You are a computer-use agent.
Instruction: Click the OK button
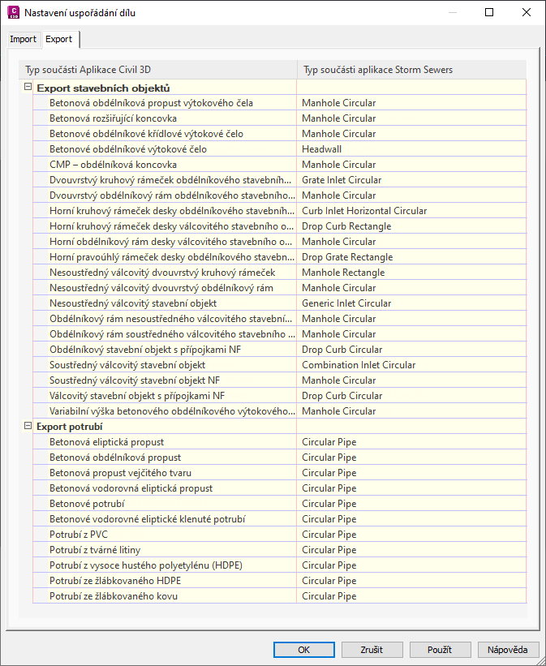tap(303, 650)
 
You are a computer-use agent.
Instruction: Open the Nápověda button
tap(508, 650)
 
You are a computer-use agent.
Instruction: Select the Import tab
tap(23, 39)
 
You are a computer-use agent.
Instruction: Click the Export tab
tap(58, 39)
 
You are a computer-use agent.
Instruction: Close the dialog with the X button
tap(527, 13)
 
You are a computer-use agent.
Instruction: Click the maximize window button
tap(489, 13)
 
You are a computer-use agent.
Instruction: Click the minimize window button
tap(452, 13)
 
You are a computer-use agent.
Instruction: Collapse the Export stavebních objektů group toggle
tap(28, 87)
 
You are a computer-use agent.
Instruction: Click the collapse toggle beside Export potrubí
tap(28, 426)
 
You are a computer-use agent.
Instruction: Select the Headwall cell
tap(322, 149)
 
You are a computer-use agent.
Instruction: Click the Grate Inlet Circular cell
tap(342, 180)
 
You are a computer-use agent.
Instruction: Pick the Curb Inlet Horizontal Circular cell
tap(364, 211)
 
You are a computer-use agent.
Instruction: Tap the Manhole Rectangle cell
tap(343, 273)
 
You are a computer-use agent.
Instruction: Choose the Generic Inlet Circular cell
tap(346, 303)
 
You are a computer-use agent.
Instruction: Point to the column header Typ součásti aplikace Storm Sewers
tap(377, 70)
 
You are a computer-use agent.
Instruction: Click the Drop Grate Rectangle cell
tap(347, 257)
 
